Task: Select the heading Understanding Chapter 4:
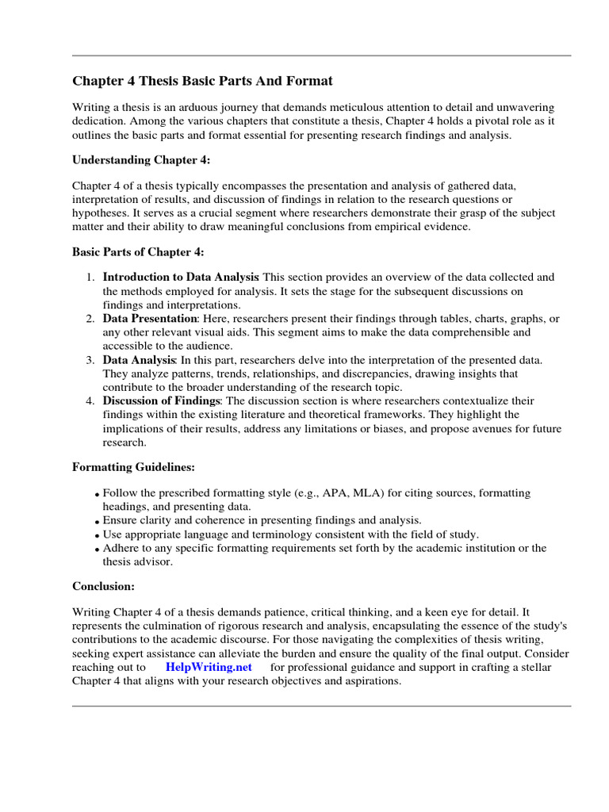pos(141,159)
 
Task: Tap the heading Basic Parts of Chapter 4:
pos(138,252)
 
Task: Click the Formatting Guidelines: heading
pos(134,468)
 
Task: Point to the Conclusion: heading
pos(104,586)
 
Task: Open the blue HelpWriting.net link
pos(209,667)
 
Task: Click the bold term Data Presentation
pos(150,319)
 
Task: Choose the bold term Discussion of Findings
pos(160,401)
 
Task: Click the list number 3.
pos(90,360)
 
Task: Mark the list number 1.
pos(90,278)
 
